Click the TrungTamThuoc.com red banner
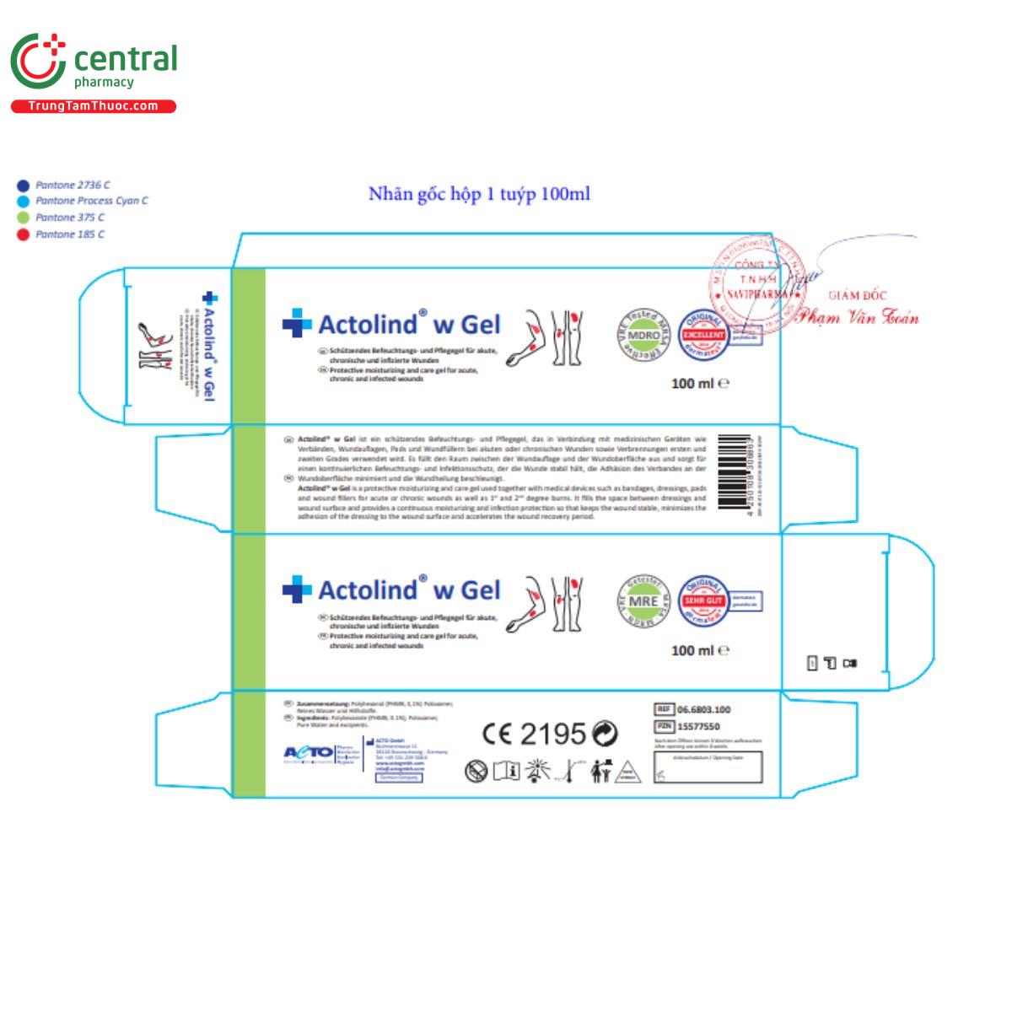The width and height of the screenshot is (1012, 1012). pyautogui.click(x=93, y=106)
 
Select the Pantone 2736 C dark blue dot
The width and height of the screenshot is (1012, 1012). pyautogui.click(x=23, y=186)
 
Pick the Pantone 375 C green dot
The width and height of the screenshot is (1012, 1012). pyautogui.click(x=23, y=218)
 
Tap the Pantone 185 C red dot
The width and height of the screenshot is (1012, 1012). pyautogui.click(x=23, y=234)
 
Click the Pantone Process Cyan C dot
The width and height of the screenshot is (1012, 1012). pyautogui.click(x=23, y=202)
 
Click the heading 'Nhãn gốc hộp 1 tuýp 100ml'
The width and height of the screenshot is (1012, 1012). pyautogui.click(x=479, y=194)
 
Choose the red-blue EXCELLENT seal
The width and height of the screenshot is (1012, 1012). pyautogui.click(x=703, y=335)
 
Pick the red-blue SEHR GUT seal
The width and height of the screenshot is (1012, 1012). pyautogui.click(x=703, y=600)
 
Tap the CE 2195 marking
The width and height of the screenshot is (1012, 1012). pyautogui.click(x=534, y=734)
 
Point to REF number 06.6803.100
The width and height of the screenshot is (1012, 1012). pyautogui.click(x=703, y=710)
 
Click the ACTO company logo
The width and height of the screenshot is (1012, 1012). pyautogui.click(x=309, y=752)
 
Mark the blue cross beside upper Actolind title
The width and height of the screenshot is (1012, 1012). pyautogui.click(x=296, y=324)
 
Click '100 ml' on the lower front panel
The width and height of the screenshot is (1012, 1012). pyautogui.click(x=693, y=650)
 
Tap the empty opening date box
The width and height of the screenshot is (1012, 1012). pyautogui.click(x=708, y=767)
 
